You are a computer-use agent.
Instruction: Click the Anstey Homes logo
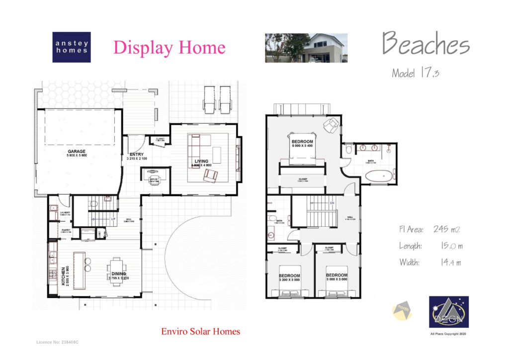[x=72, y=47]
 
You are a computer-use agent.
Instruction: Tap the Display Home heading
[x=169, y=48]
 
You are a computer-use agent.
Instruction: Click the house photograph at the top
[x=306, y=48]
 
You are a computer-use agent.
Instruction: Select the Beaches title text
[x=425, y=45]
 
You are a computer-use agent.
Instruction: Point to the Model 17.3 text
[x=416, y=73]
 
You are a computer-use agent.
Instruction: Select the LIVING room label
[x=201, y=162]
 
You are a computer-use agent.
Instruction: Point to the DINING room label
[x=118, y=274]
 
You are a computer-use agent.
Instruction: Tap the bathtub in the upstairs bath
[x=379, y=176]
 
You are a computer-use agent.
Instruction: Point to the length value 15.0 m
[x=452, y=246]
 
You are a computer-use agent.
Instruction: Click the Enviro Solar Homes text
[x=200, y=331]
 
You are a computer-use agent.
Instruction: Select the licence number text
[x=58, y=343]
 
